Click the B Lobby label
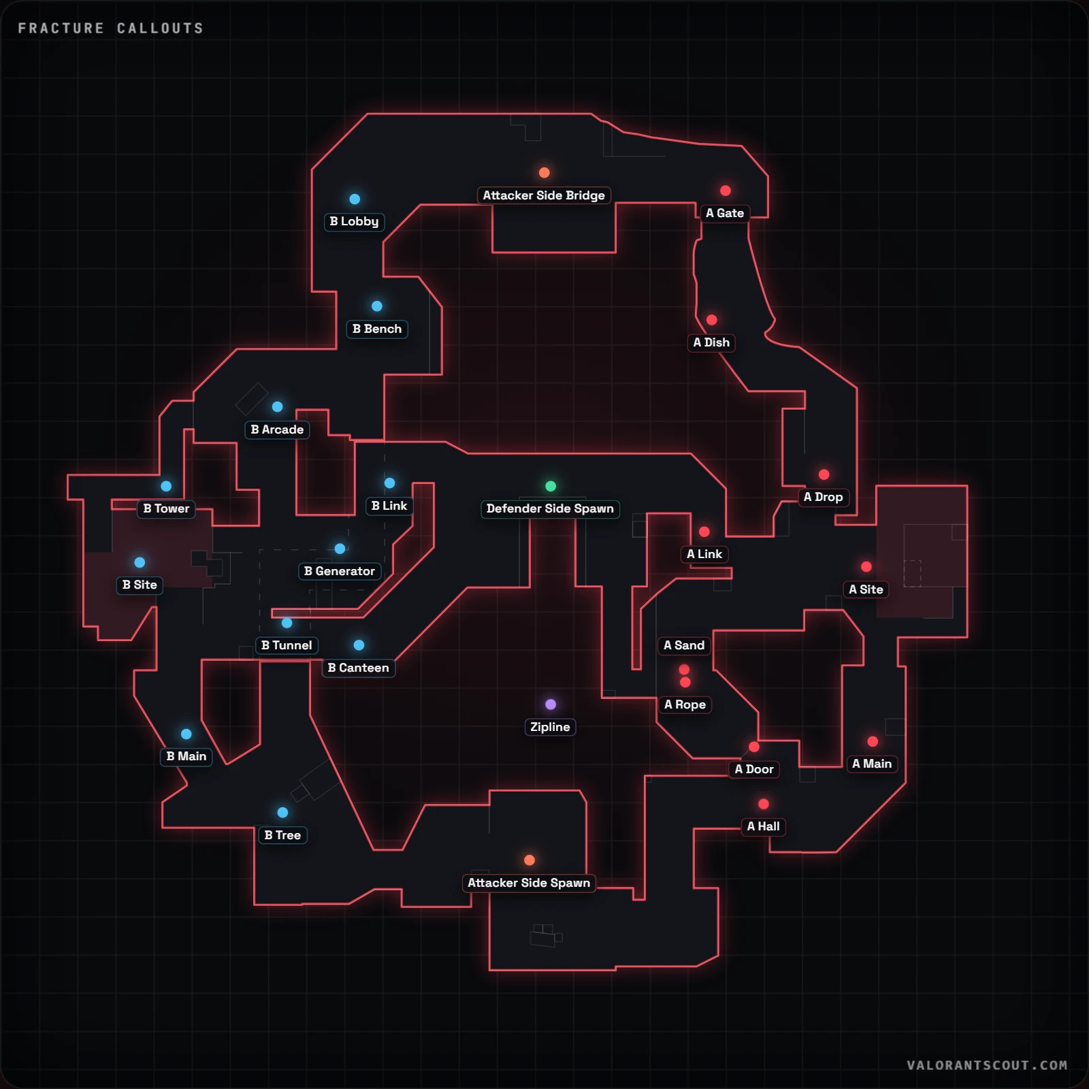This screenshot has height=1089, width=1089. (x=354, y=222)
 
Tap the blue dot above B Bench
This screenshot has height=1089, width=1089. (x=377, y=306)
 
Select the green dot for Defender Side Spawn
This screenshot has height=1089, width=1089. (x=551, y=486)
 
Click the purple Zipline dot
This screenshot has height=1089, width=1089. (x=551, y=704)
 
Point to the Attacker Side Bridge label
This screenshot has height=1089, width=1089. (x=544, y=195)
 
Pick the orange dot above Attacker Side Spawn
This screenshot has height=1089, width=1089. (x=530, y=860)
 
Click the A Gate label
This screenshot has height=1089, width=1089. (x=725, y=213)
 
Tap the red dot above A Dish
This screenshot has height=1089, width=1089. (x=712, y=320)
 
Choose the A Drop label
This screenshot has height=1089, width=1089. (x=824, y=497)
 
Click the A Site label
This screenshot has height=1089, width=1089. (x=866, y=589)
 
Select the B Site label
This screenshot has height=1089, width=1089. (x=140, y=585)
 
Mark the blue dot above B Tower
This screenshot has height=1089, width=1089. (x=166, y=486)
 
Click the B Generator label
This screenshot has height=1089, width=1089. (x=340, y=571)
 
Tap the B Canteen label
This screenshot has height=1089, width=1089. (x=359, y=668)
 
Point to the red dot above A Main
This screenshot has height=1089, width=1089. (x=873, y=741)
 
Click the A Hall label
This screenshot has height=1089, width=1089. (x=764, y=826)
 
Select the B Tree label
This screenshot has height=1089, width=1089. (x=282, y=835)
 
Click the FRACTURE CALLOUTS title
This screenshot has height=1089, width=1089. (x=110, y=28)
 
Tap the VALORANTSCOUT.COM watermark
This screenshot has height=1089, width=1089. (x=987, y=1065)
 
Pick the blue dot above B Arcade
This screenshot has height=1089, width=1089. (x=278, y=407)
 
